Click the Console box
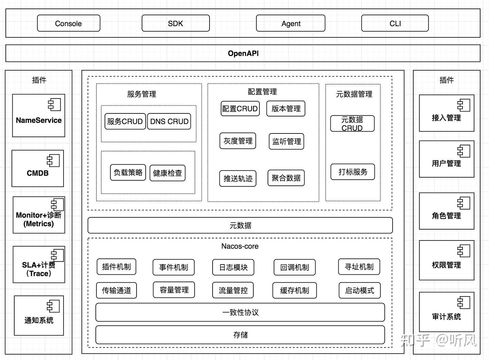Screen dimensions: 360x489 (69, 23)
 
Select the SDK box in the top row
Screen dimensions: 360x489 (176, 23)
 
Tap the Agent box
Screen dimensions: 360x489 (291, 23)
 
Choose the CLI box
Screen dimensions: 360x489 (395, 23)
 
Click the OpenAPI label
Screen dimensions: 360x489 (243, 53)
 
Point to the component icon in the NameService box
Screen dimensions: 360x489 (54, 104)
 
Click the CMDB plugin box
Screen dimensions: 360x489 (38, 169)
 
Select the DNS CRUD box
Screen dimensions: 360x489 (169, 121)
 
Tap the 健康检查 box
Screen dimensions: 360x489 (167, 173)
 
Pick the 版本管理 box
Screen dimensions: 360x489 (286, 109)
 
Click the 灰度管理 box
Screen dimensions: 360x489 (238, 141)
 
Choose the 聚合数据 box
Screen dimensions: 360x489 (286, 178)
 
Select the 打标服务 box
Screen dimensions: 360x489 (352, 172)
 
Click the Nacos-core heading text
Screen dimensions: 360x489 (240, 246)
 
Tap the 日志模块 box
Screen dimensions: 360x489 (233, 267)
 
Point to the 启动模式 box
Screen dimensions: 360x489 (360, 290)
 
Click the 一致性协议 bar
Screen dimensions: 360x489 (240, 312)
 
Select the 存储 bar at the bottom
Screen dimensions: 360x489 (240, 335)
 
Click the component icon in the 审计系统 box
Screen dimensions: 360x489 (464, 302)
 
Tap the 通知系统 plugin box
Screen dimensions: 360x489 (39, 316)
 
